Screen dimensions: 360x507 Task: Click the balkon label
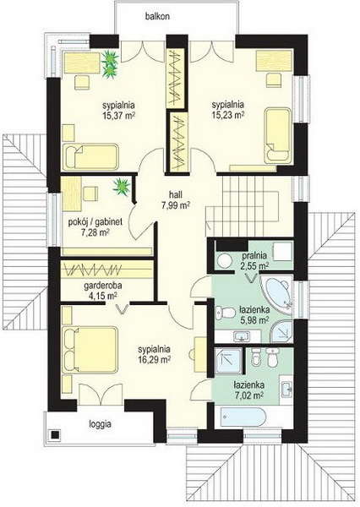157,17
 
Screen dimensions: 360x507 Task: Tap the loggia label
101,424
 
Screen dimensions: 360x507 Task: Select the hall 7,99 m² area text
175,200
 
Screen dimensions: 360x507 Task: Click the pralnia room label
255,255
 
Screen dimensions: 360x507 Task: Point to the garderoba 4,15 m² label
101,291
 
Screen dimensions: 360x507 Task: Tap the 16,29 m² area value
155,359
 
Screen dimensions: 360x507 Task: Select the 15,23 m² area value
227,115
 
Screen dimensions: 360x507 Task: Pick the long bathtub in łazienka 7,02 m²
243,417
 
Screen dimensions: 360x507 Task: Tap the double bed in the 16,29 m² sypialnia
90,351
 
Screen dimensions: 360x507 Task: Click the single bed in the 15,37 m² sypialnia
91,157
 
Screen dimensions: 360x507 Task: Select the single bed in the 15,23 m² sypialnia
278,135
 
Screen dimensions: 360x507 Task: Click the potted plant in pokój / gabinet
122,187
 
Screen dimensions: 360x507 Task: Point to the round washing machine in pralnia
223,260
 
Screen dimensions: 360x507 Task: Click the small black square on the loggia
55,434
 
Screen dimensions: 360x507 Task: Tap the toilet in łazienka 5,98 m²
226,313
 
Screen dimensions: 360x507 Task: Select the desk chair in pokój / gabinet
90,194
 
